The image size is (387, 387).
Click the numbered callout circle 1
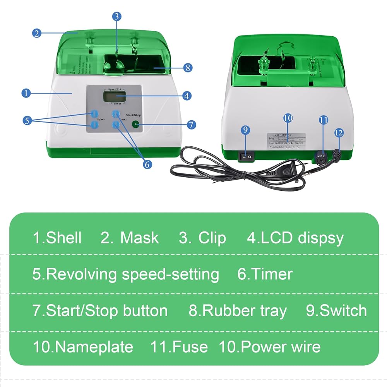click(x=26, y=93)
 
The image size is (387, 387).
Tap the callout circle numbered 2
click(x=36, y=33)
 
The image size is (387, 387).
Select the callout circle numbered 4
click(x=187, y=95)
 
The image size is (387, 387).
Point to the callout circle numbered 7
click(x=191, y=125)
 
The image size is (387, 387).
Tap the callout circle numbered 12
click(x=339, y=132)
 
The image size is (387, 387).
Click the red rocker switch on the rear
click(x=245, y=156)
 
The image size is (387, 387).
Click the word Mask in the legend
click(x=139, y=238)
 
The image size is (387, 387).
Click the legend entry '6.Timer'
click(x=265, y=274)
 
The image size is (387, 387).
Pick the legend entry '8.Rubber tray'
click(x=238, y=311)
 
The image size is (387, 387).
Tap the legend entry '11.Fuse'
click(x=179, y=347)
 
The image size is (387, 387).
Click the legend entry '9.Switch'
click(x=336, y=311)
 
